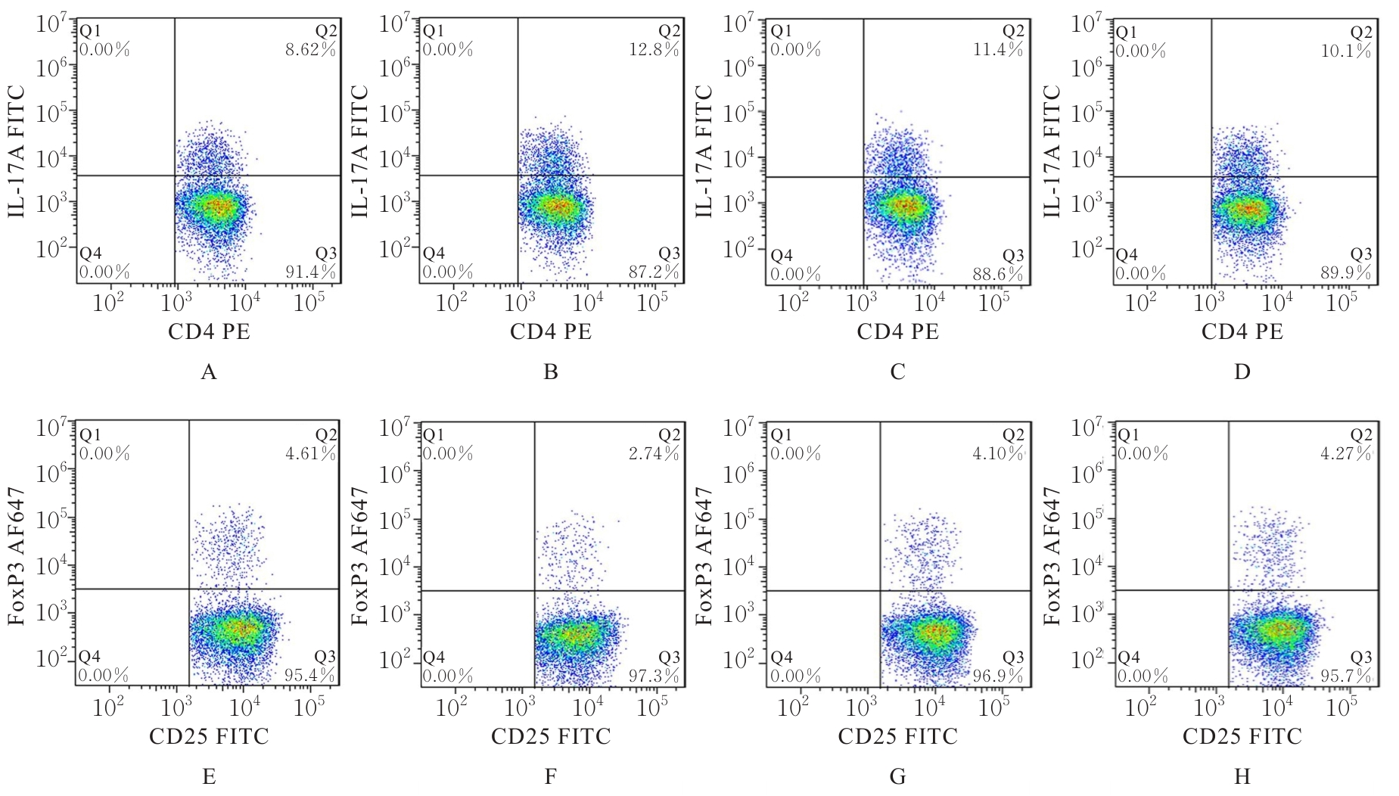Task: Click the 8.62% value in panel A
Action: coord(311,50)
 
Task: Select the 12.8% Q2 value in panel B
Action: coord(654,50)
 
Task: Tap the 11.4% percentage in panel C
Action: coord(999,50)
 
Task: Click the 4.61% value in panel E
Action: coord(311,454)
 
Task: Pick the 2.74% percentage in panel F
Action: coord(654,454)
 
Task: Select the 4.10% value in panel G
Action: coord(999,454)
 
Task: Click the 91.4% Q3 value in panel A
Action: coord(311,272)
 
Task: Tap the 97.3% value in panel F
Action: coord(654,676)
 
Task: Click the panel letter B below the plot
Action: coord(551,372)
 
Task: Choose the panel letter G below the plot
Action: coord(897,777)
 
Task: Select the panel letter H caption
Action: coord(1242,777)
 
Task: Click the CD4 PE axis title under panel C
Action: coord(897,331)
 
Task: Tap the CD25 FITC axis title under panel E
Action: coord(209,736)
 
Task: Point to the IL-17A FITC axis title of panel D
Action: coord(1053,151)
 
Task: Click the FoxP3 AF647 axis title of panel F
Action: coord(362,555)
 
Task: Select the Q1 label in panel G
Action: coord(781,435)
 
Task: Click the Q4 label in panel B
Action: coord(434,253)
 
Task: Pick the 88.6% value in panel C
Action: coord(999,274)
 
